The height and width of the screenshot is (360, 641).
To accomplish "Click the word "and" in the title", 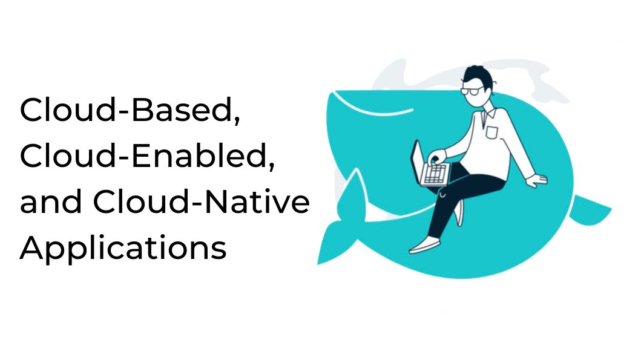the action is [51, 201].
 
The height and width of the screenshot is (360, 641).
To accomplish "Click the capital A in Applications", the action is [32, 247].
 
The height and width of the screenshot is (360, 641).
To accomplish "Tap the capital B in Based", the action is [142, 110].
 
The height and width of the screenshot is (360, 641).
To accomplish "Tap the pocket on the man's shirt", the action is [492, 132].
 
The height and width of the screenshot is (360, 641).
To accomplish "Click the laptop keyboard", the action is [435, 174].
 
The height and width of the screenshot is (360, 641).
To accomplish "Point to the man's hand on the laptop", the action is [436, 156].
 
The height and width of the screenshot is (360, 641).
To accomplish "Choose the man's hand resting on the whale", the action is [537, 180].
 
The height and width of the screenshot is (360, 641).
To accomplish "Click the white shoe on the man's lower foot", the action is [425, 245].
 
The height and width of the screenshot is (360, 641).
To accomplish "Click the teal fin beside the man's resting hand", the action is [590, 210].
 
